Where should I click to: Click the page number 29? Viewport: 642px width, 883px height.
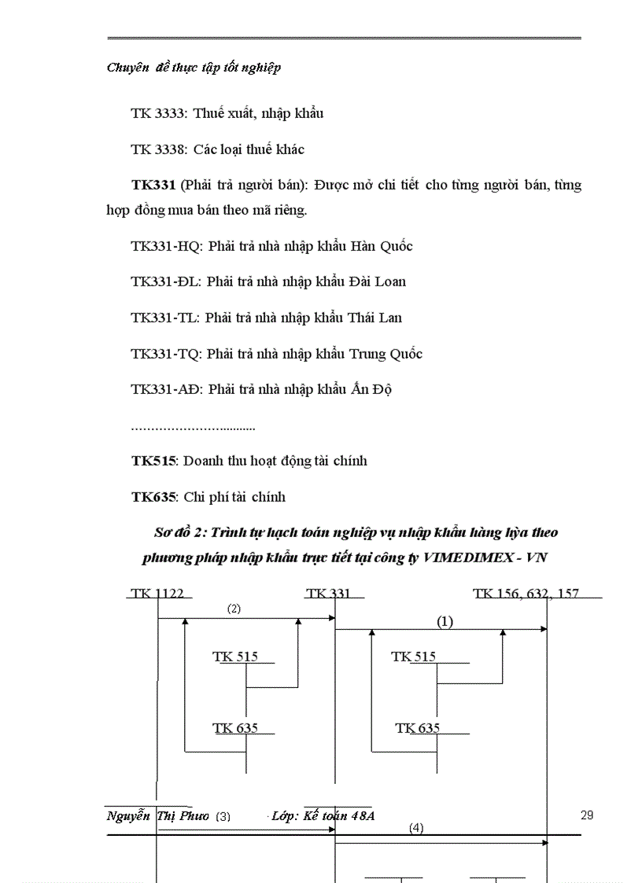587,815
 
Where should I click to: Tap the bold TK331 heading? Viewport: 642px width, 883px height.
153,186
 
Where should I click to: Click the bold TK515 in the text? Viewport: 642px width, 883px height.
153,461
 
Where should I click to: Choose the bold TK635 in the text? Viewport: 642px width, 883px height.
153,497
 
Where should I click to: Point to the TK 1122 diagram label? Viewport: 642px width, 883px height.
157,594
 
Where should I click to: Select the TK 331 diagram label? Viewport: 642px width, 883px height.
329,594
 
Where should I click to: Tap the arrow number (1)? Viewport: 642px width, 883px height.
445,621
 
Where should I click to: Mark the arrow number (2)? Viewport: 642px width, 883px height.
234,609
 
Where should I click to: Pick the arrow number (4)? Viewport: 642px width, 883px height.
416,828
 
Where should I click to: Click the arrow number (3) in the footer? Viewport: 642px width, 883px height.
223,816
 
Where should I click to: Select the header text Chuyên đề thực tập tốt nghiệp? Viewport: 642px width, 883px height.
194,68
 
